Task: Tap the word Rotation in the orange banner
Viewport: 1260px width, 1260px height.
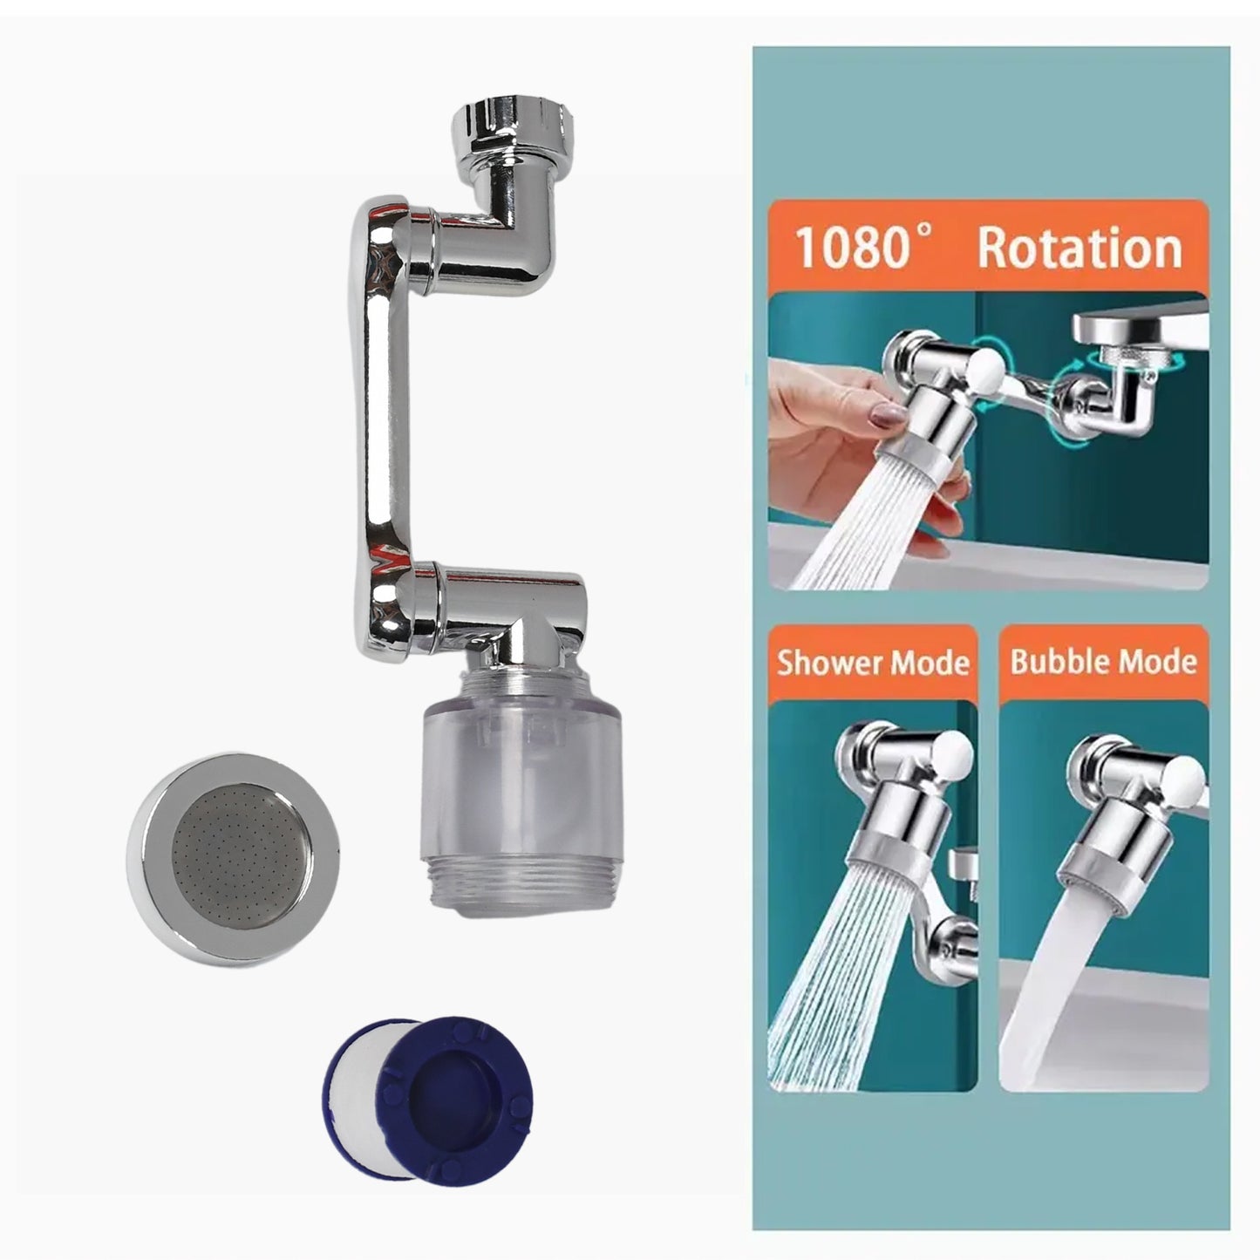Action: coord(1080,249)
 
